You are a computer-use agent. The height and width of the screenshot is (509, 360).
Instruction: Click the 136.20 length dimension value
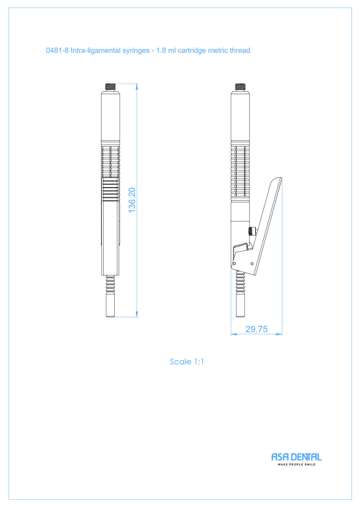tap(132, 200)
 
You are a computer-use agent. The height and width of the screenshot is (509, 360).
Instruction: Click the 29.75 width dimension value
tap(256, 329)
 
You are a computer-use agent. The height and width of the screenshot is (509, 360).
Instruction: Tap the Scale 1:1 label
tap(187, 362)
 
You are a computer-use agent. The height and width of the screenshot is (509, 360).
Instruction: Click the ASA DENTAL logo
tap(296, 457)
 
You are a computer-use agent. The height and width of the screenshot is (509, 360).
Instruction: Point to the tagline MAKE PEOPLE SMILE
tap(297, 464)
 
